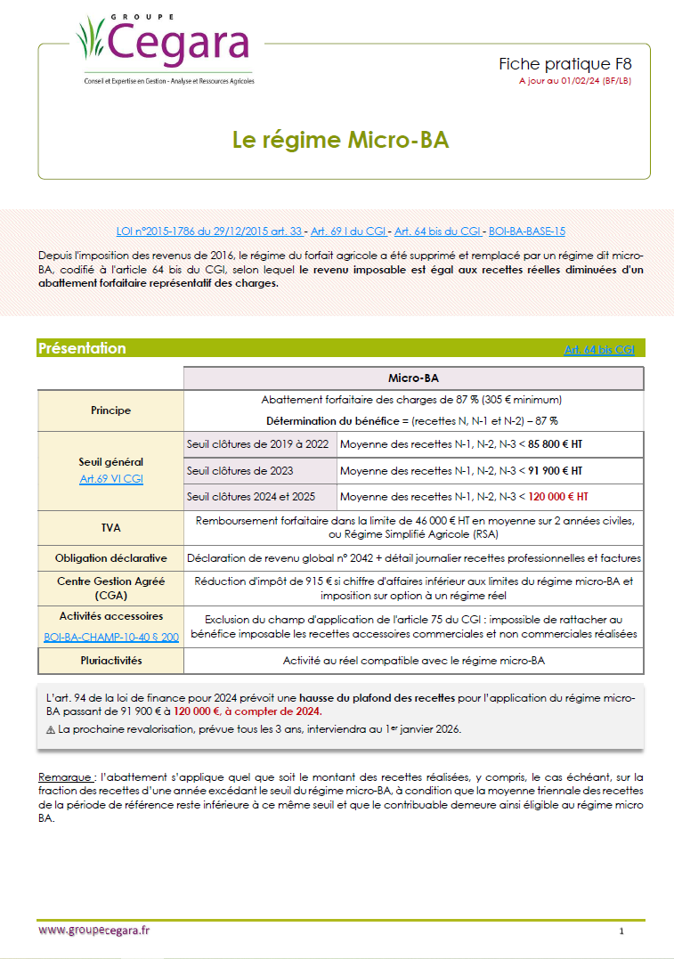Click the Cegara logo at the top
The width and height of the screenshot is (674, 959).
(x=165, y=45)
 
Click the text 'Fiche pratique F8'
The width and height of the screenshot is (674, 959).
(x=564, y=65)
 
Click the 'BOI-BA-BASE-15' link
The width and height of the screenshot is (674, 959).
(x=527, y=231)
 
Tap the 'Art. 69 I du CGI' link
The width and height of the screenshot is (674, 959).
(x=343, y=231)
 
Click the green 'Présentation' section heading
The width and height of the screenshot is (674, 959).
(x=82, y=349)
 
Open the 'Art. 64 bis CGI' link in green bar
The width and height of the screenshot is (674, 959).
(x=599, y=350)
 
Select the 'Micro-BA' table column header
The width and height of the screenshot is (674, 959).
(x=413, y=378)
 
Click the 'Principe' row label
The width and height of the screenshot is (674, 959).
(x=110, y=410)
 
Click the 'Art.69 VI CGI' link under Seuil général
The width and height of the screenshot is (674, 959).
(x=110, y=479)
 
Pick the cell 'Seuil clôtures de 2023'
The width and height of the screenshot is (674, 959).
(x=240, y=470)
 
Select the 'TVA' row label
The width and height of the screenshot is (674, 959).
(x=110, y=527)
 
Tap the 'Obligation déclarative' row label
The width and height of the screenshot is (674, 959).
(x=110, y=558)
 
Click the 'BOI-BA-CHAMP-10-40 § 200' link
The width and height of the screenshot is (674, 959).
(x=110, y=638)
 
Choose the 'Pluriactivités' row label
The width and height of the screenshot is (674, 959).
(x=110, y=661)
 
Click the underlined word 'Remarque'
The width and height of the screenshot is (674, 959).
(x=68, y=777)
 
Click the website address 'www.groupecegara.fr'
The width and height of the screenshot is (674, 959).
(x=94, y=930)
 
